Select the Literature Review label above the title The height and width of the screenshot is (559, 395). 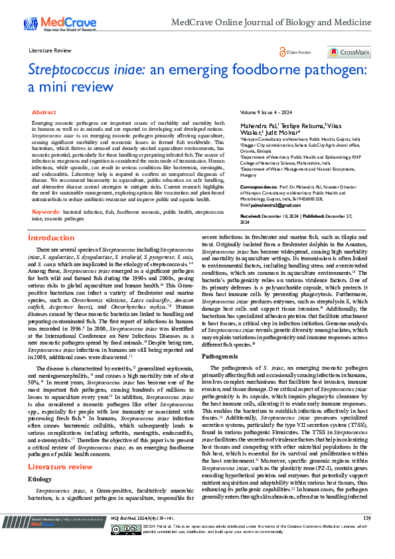click(50, 50)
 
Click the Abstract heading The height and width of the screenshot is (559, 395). click(44, 113)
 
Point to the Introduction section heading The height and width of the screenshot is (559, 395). click(50, 238)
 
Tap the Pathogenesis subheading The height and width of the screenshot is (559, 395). click(220, 356)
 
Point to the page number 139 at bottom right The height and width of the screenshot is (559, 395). click(366, 536)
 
